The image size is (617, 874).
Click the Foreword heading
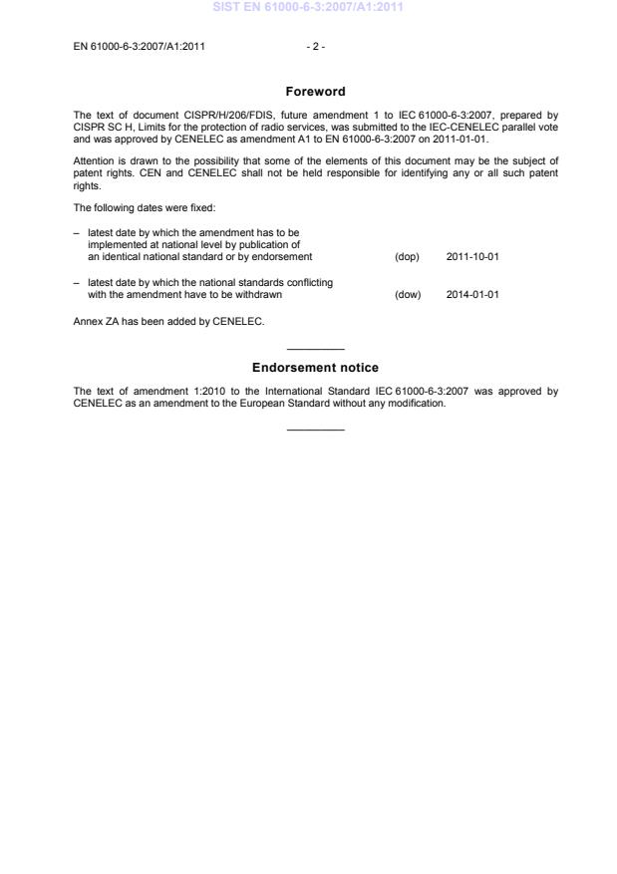coord(315,92)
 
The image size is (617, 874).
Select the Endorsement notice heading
coord(315,368)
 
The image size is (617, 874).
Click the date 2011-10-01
coord(472,256)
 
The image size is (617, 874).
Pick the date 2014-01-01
coord(472,294)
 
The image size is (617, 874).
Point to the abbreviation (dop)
coord(407,256)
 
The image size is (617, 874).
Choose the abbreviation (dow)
coord(408,294)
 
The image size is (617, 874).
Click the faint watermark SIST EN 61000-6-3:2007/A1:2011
coord(308,8)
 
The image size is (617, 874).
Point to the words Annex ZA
coord(97,321)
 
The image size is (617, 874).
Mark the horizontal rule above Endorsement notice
coord(315,349)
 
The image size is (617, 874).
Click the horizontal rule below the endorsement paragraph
coord(315,430)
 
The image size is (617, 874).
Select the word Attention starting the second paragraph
coord(94,161)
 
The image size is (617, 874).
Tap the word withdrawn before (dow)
coord(259,294)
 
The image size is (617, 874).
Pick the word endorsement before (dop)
coord(284,256)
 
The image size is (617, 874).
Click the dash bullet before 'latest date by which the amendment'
coord(77,232)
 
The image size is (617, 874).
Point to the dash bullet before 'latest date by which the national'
coord(77,283)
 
